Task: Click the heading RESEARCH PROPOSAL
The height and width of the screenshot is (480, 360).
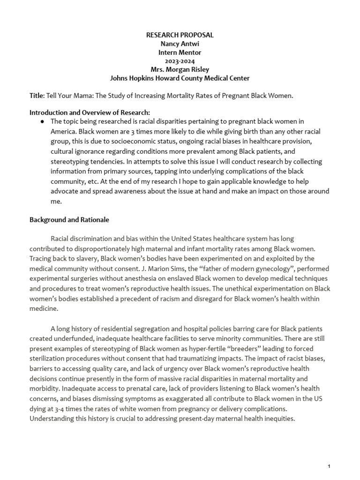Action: pos(180,35)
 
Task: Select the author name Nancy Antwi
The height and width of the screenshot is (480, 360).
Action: pos(180,44)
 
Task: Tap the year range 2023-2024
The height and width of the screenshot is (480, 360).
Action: pos(180,61)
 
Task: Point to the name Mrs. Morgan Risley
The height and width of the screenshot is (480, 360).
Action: pos(180,69)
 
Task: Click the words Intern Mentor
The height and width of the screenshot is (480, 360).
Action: pos(180,52)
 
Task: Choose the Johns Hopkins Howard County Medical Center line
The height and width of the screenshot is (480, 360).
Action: pos(180,78)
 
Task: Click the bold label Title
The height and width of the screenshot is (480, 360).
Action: pos(37,96)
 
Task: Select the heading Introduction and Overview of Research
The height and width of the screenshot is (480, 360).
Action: pos(90,113)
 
